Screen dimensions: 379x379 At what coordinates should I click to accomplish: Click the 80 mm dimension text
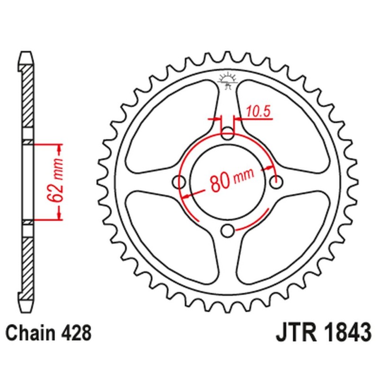[231, 180]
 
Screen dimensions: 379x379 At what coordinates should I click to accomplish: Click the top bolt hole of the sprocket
[228, 134]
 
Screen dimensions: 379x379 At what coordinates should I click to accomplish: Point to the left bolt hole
[180, 181]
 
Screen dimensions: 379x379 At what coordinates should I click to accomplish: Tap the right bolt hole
[277, 181]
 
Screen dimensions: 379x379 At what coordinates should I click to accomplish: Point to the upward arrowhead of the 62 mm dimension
[60, 147]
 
